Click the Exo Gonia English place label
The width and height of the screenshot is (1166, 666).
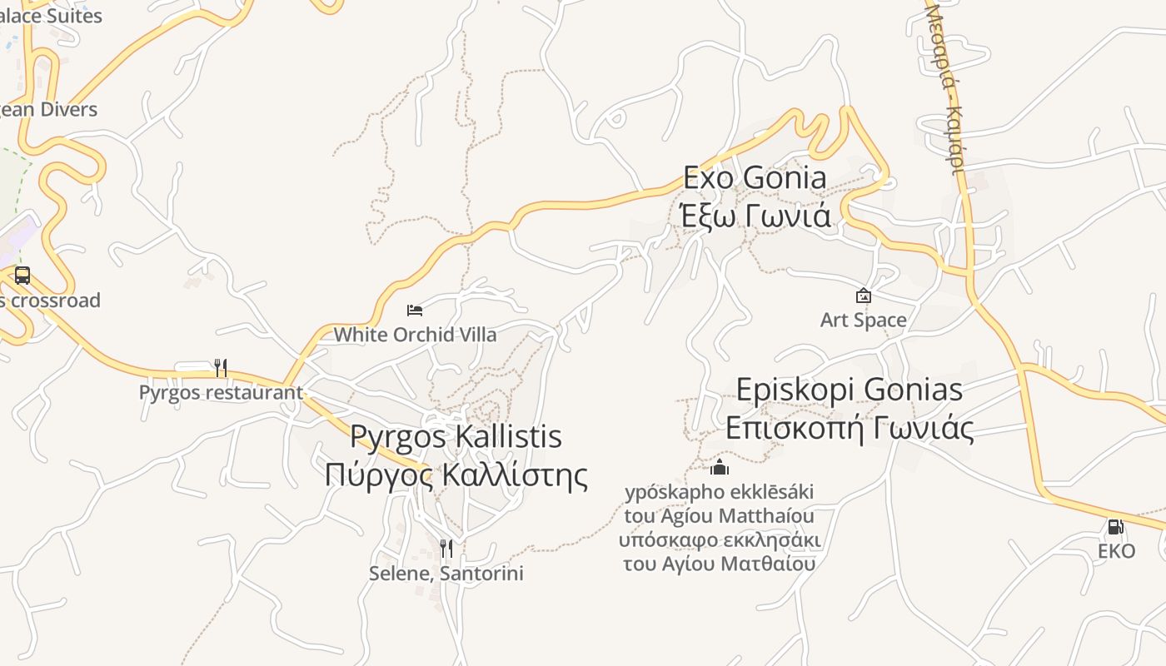tap(755, 177)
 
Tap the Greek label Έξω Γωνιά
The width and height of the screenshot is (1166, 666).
tap(755, 216)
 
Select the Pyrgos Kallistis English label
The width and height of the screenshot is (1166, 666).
tap(456, 436)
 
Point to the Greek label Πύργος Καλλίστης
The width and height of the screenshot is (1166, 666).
tap(456, 475)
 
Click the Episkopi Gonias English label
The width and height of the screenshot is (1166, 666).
tap(850, 390)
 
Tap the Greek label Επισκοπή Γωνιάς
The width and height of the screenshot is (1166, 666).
tap(850, 428)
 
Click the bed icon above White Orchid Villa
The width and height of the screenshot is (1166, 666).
tap(415, 311)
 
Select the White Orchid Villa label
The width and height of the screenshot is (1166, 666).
tap(415, 335)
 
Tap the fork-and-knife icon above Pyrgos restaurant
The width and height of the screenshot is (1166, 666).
tap(221, 367)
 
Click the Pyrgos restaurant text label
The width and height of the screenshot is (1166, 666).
tap(221, 392)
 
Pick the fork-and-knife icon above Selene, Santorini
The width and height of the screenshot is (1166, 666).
tap(446, 548)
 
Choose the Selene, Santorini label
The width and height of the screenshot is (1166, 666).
tap(446, 574)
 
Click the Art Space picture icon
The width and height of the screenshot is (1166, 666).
tap(864, 296)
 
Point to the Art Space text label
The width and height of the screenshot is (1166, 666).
tap(864, 320)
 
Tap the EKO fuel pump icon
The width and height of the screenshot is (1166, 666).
tap(1115, 527)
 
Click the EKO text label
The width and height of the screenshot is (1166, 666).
tap(1116, 551)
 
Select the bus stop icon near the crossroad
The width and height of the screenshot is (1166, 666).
tap(22, 276)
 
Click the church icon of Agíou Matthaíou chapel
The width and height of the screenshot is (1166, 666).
tap(720, 467)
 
